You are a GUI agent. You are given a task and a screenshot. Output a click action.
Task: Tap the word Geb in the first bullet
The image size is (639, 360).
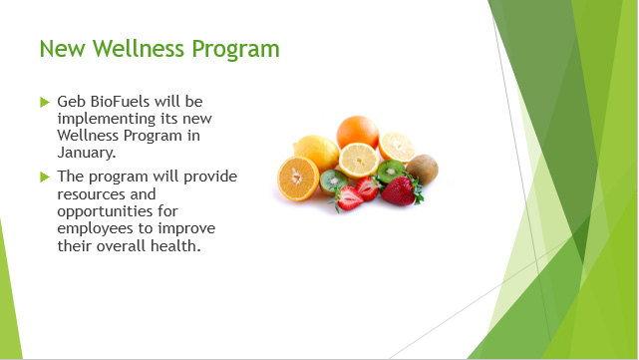click(71, 103)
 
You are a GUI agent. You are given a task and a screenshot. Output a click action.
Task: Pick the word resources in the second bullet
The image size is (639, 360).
click(93, 193)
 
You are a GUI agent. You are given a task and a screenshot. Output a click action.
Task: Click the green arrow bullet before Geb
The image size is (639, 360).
click(44, 103)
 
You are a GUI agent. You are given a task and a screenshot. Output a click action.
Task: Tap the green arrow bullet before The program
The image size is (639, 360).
click(44, 177)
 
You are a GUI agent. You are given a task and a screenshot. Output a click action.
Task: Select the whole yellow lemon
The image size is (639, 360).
click(317, 152)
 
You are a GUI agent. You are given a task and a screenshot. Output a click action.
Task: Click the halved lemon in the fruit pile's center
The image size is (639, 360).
click(359, 161)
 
